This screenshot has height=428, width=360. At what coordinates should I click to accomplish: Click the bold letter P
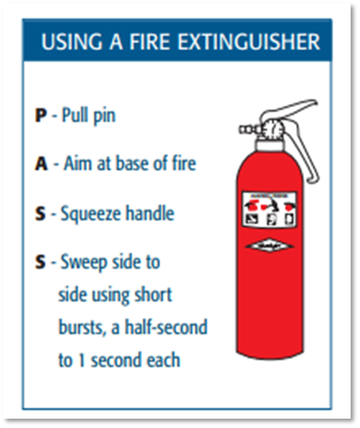tap(40, 115)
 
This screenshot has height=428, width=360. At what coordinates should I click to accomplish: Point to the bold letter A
tap(41, 164)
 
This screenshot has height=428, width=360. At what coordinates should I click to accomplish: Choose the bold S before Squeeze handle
tap(40, 214)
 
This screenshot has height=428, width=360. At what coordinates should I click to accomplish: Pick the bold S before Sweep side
tap(40, 263)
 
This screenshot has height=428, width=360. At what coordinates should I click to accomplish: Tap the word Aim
tap(75, 164)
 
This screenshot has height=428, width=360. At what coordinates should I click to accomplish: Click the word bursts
tap(79, 328)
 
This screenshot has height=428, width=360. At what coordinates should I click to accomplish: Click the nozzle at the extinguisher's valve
tap(244, 130)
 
